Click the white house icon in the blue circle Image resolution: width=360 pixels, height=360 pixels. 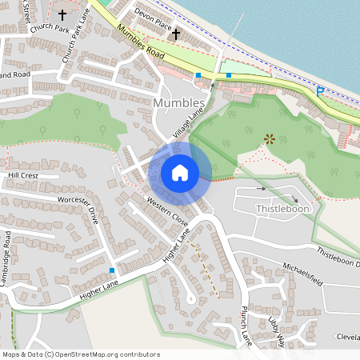180,173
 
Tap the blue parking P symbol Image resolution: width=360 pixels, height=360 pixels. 320,92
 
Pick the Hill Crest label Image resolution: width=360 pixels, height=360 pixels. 22,174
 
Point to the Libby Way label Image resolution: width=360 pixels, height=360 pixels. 277,330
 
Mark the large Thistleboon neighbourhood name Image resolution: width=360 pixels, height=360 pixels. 282,209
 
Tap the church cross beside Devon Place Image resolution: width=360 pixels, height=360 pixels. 175,34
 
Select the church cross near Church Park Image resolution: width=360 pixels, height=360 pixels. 62,14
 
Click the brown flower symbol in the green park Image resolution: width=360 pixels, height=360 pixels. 269,138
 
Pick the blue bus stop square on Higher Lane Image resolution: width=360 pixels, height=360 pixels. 112,270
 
